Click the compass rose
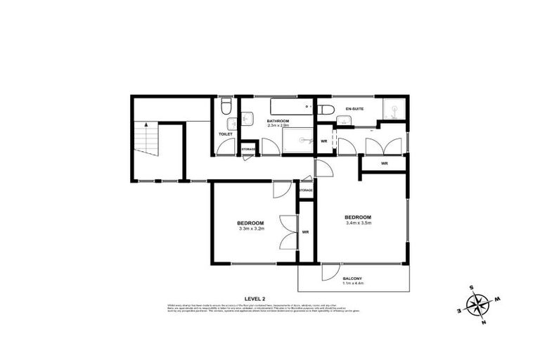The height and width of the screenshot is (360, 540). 477,304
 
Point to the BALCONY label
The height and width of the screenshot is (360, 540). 353,279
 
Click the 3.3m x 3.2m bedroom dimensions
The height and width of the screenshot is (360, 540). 251,229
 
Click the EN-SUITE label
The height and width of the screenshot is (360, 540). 355,109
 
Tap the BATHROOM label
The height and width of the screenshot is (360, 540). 278,121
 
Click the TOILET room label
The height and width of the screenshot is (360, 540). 225,134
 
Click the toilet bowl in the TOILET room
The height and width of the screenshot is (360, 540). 226,106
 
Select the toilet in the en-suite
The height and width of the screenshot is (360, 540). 326,109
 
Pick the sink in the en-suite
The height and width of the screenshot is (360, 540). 344,121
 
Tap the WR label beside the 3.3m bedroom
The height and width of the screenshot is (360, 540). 306,231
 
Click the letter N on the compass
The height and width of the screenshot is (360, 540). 484,323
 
